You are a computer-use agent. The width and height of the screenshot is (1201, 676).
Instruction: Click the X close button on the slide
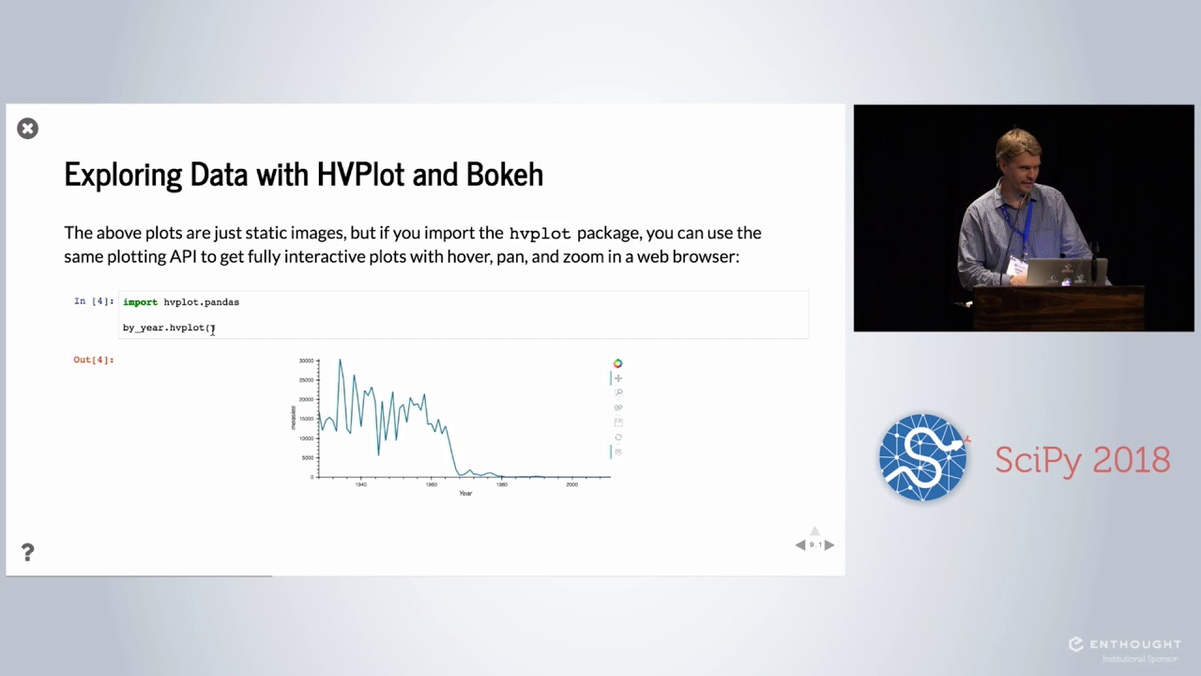coord(27,129)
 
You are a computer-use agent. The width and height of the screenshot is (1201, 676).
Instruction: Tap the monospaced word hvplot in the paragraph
coord(539,234)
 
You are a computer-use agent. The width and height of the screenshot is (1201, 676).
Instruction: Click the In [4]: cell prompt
coord(94,301)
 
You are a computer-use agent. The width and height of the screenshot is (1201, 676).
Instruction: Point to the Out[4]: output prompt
coord(94,360)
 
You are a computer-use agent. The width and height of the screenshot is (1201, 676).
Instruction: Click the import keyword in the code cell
coord(140,302)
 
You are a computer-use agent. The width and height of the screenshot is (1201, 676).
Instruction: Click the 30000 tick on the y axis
coord(306,361)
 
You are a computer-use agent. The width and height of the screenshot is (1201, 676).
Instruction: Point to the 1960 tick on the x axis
coord(432,484)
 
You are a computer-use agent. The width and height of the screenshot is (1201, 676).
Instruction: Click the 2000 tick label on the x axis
coord(571,484)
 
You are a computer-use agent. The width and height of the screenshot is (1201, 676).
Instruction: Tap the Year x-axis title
coord(465,494)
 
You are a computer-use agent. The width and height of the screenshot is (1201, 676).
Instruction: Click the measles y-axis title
coord(294,418)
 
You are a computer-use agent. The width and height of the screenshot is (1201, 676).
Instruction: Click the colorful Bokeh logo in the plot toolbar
coord(617,363)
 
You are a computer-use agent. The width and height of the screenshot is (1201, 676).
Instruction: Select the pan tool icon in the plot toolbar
coord(617,378)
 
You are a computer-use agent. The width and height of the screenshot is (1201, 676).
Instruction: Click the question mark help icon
coord(27,552)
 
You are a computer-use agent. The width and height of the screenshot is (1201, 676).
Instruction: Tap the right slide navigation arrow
coord(829,545)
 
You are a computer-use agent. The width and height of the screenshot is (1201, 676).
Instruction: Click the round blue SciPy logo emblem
coord(922,458)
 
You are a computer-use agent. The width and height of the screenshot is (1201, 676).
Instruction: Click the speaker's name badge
coord(1015,268)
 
